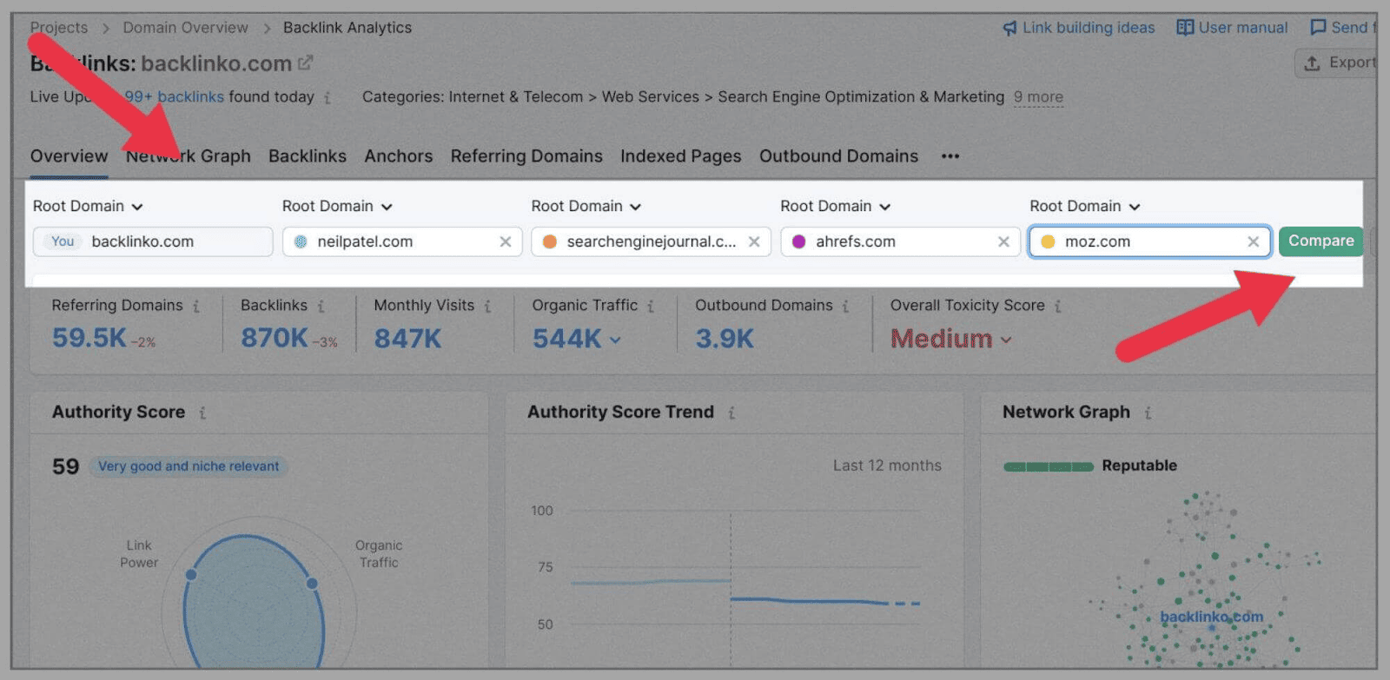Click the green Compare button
(x=1320, y=241)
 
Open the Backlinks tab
(x=307, y=156)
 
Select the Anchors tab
(x=398, y=156)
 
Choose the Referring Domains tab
(x=526, y=156)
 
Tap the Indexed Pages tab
(x=680, y=156)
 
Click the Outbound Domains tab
(x=837, y=156)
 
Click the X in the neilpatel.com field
(x=505, y=241)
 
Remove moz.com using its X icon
(x=1253, y=241)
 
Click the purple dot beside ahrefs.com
(x=798, y=241)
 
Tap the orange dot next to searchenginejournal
(x=549, y=241)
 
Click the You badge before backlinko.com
(x=63, y=241)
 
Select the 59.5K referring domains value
(x=89, y=338)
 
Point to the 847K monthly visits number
(x=407, y=338)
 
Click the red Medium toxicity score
(x=941, y=339)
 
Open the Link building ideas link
(x=1079, y=28)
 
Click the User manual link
(x=1232, y=28)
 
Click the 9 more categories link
(x=1038, y=97)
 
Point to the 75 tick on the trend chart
(x=545, y=567)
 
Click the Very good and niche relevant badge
(x=189, y=466)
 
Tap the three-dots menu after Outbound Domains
(x=950, y=156)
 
